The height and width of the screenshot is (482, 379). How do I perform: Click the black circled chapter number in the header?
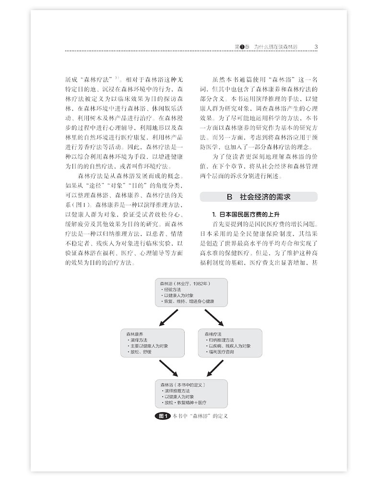tap(242, 46)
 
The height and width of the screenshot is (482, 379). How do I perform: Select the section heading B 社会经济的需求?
tap(258, 197)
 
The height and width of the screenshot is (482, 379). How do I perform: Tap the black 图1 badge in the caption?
tap(163, 415)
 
